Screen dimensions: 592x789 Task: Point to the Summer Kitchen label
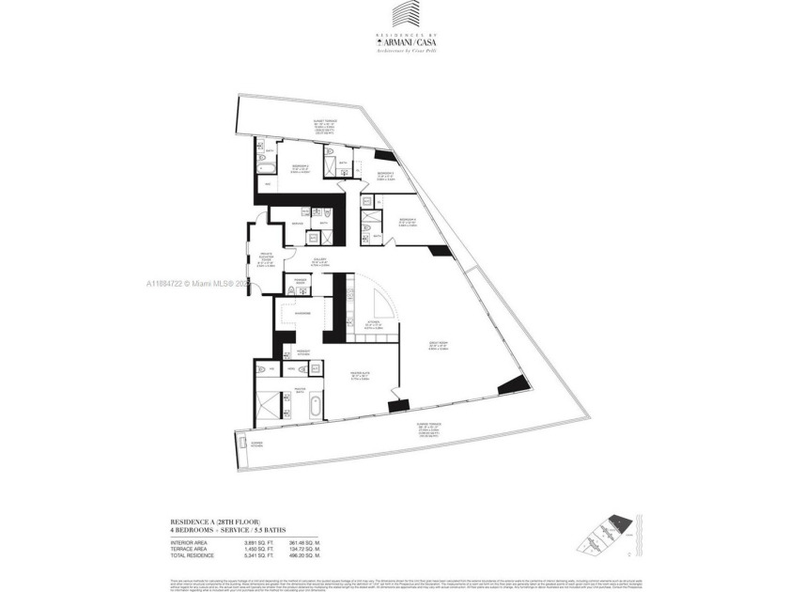254,444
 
